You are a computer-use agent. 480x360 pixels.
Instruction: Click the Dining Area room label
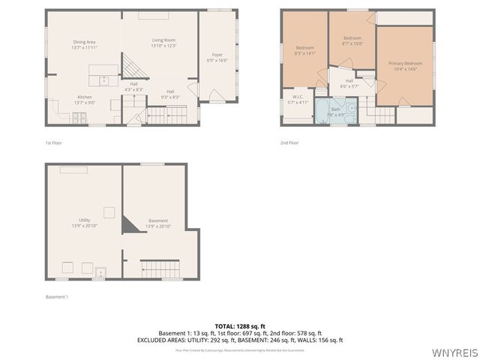[84, 44]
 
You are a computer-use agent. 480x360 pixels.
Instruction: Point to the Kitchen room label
[84, 100]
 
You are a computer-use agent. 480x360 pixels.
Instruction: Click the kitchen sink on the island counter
[104, 79]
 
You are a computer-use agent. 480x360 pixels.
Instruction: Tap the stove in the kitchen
[79, 118]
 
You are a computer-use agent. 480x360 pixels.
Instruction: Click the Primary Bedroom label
[405, 66]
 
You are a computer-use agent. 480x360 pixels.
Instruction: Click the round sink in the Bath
[350, 109]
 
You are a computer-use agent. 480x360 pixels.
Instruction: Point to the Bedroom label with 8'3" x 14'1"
[304, 50]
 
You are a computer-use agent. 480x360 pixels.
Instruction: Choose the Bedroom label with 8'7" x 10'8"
[352, 40]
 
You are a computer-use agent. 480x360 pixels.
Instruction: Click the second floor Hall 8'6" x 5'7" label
[349, 83]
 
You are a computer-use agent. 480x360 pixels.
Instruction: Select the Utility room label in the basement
[84, 223]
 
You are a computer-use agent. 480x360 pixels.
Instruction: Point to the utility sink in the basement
[100, 271]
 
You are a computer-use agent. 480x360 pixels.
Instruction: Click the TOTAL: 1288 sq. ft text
[240, 326]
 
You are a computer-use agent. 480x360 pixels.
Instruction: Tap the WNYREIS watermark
[455, 350]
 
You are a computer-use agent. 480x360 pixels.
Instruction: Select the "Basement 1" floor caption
[57, 297]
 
